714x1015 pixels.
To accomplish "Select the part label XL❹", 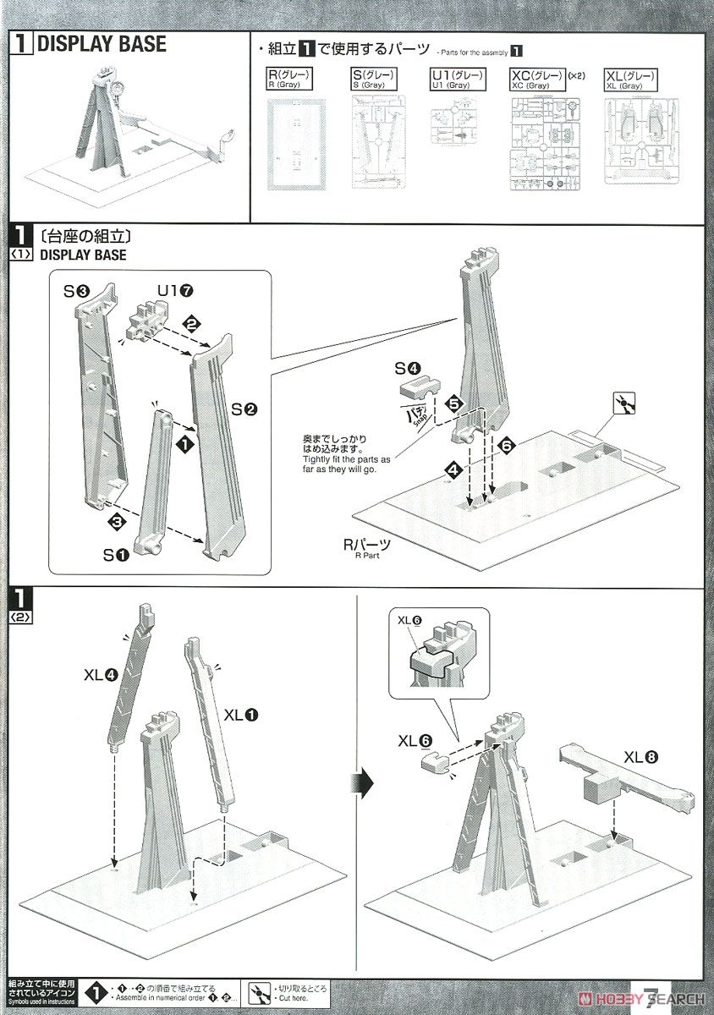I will pos(99,675).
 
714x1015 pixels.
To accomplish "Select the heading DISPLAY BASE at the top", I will pos(101,45).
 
